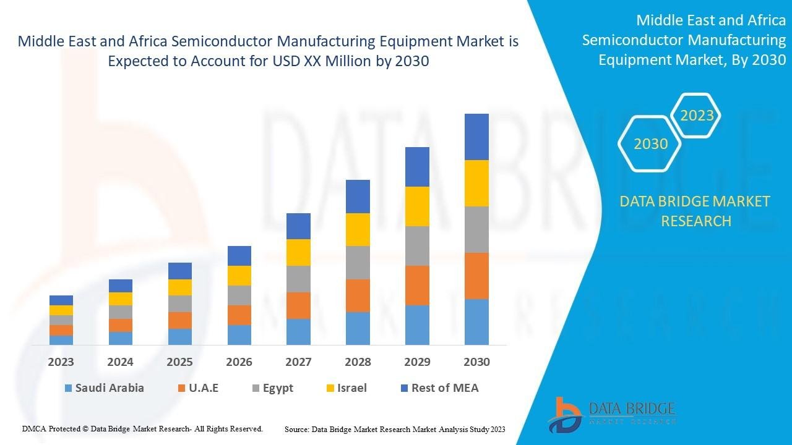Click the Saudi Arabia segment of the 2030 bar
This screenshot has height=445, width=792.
click(x=476, y=321)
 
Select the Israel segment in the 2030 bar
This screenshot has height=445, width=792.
click(x=476, y=183)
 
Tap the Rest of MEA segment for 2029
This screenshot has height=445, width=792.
click(x=417, y=167)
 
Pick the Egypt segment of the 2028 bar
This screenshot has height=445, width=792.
click(x=358, y=263)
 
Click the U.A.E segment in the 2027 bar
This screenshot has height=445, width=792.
click(x=298, y=305)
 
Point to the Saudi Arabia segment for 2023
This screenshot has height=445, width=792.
click(x=61, y=340)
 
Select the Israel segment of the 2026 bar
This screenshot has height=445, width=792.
click(x=239, y=276)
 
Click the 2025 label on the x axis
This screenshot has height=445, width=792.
click(x=179, y=362)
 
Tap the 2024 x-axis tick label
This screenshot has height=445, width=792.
click(x=121, y=362)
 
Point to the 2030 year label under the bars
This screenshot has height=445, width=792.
click(x=476, y=362)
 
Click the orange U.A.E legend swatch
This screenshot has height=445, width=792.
click(x=181, y=389)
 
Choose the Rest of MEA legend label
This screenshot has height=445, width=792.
click(x=445, y=388)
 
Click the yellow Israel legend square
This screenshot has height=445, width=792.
click(x=330, y=389)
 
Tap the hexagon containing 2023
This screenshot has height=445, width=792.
click(x=696, y=116)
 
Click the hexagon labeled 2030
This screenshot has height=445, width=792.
click(x=650, y=144)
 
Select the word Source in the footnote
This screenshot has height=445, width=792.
click(x=296, y=429)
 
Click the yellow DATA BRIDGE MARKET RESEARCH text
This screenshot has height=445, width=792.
click(x=695, y=211)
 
